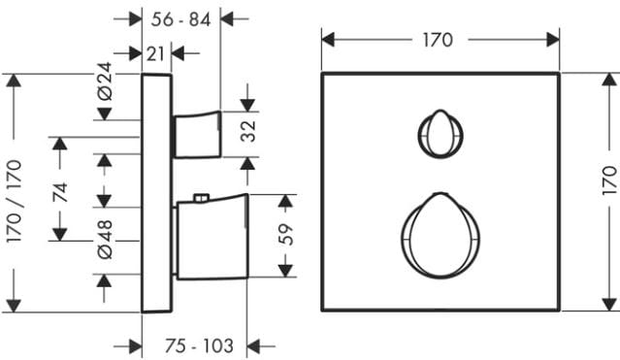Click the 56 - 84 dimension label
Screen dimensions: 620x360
pyautogui.click(x=180, y=19)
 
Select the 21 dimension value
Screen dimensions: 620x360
pyautogui.click(x=155, y=53)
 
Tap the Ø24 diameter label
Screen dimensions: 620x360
pyautogui.click(x=105, y=82)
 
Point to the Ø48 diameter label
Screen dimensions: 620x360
pyautogui.click(x=105, y=240)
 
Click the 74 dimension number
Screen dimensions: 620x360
pyautogui.click(x=60, y=193)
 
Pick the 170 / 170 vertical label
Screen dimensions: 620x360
pyautogui.click(x=15, y=201)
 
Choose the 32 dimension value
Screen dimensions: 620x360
pyautogui.click(x=248, y=131)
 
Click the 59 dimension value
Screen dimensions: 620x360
pyautogui.click(x=286, y=235)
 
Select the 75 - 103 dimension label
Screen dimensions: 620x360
pyautogui.click(x=199, y=346)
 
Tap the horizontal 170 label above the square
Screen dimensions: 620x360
pyautogui.click(x=438, y=40)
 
